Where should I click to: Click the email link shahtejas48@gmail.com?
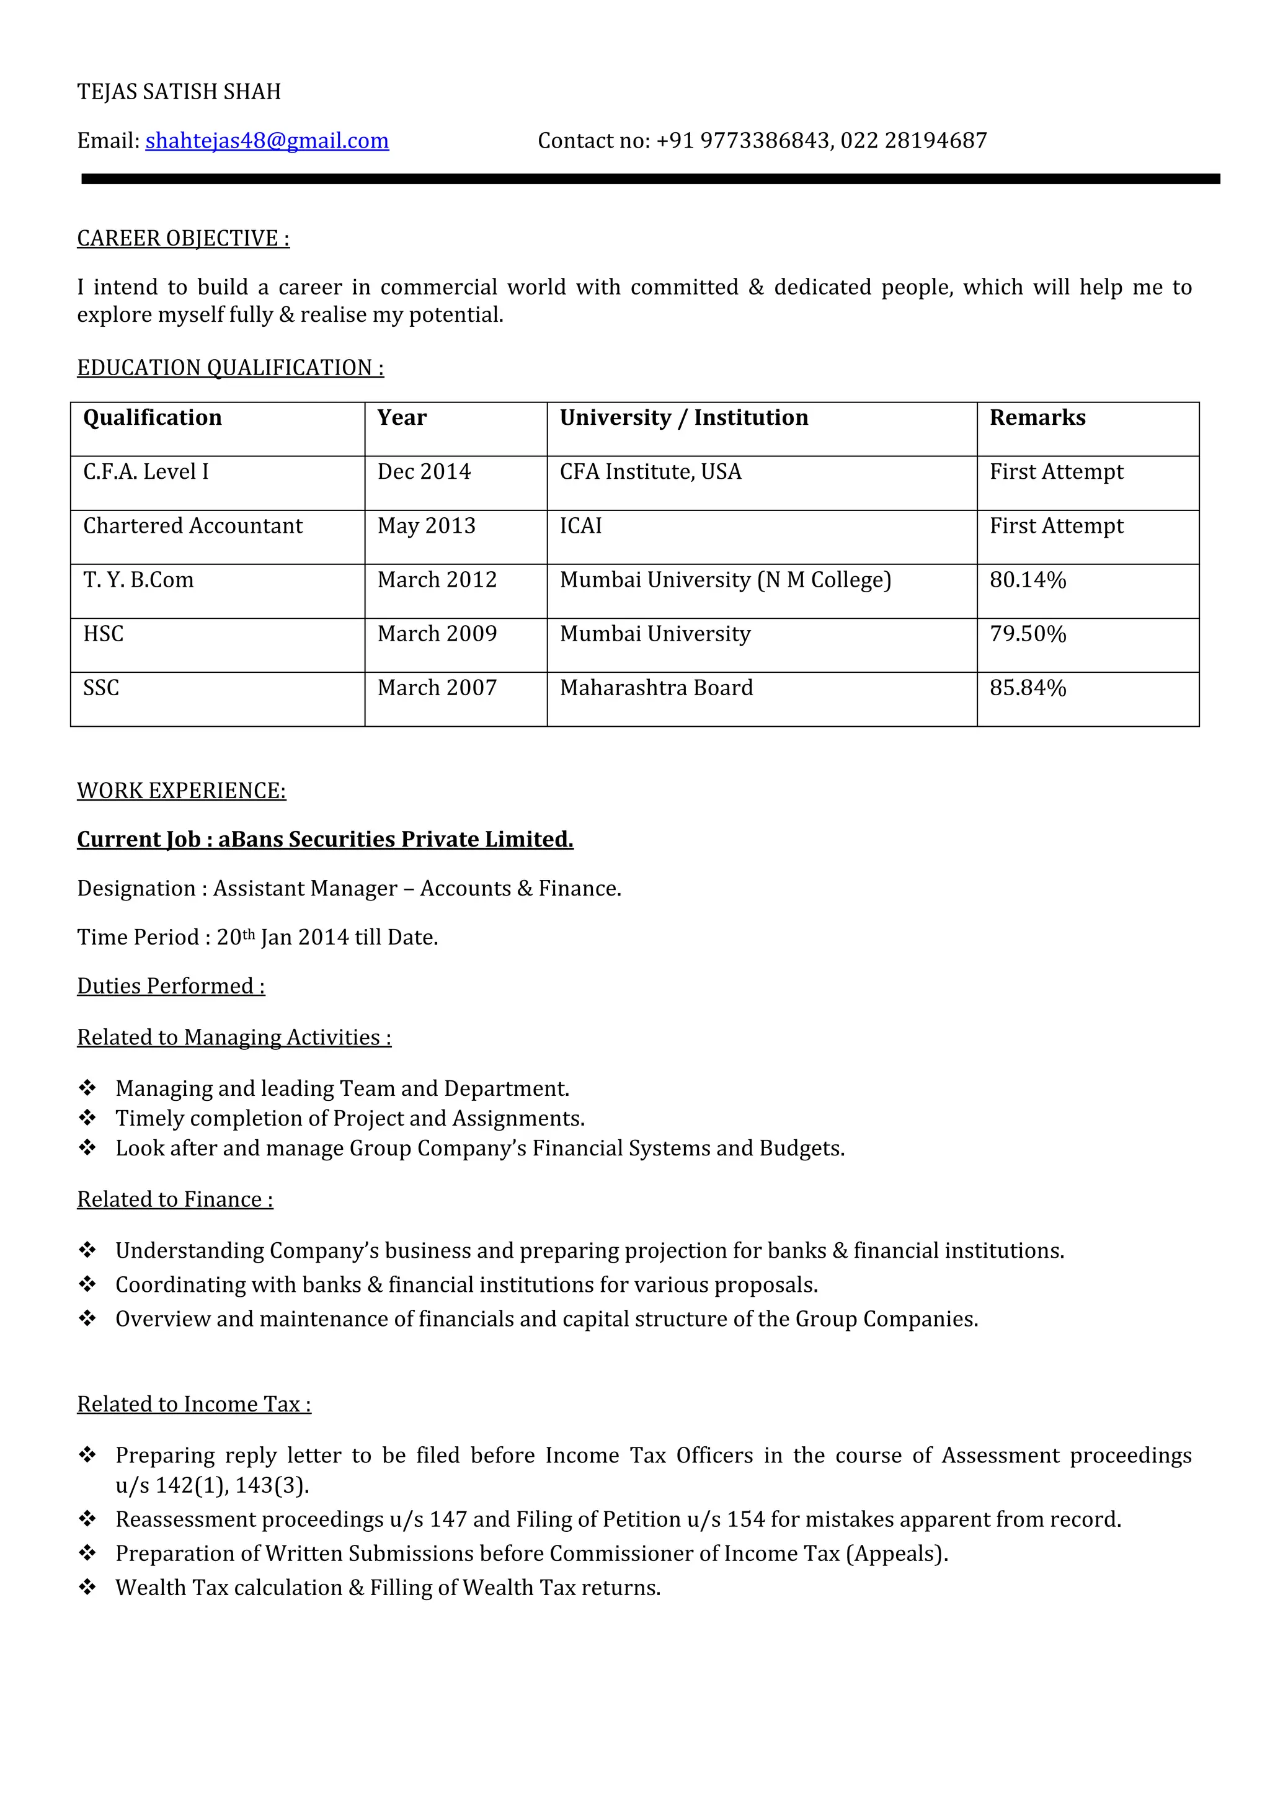click(x=267, y=141)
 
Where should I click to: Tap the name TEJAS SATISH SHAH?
click(x=179, y=92)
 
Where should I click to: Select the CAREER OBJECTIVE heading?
click(x=183, y=239)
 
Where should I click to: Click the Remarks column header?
click(x=1037, y=418)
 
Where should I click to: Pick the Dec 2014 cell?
click(x=424, y=472)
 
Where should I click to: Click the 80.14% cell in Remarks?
click(x=1028, y=580)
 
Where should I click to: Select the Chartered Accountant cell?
click(x=192, y=526)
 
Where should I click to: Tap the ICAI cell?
click(x=580, y=526)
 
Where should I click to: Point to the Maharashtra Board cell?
click(x=656, y=688)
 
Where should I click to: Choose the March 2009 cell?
click(x=437, y=634)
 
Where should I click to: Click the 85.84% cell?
click(x=1028, y=688)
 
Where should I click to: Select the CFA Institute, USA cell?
click(x=650, y=472)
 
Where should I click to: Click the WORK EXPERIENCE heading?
click(x=182, y=791)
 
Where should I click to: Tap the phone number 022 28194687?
click(x=913, y=141)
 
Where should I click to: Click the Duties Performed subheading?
click(x=171, y=987)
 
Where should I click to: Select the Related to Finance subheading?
click(x=175, y=1200)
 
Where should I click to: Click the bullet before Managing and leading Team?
click(x=87, y=1088)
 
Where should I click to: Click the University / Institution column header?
click(x=683, y=418)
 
